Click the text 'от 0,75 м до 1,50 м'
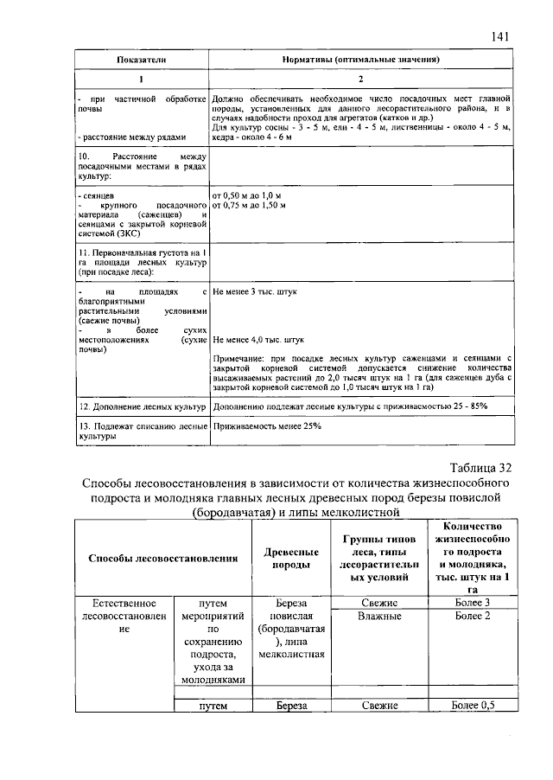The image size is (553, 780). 252,206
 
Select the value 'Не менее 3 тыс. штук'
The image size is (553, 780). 254,292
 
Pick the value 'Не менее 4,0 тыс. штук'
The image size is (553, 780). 258,340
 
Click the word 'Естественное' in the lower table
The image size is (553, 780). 125,602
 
